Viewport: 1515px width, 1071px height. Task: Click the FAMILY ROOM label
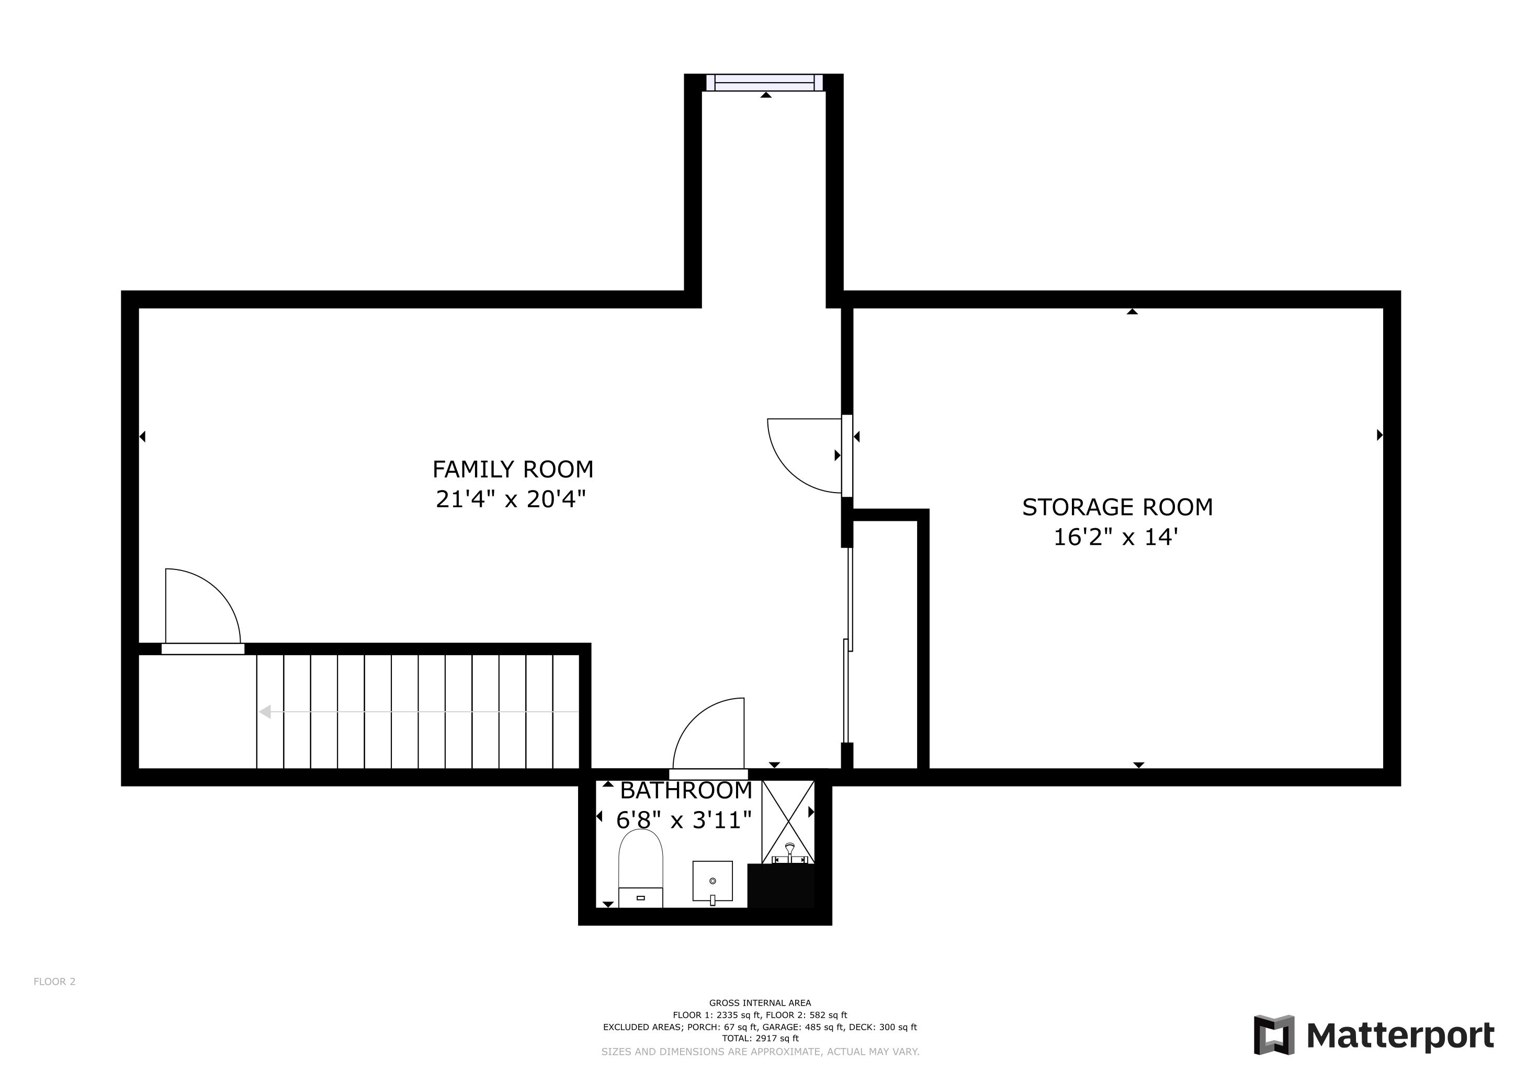[x=513, y=470]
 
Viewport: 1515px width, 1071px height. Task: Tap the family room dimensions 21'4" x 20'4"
[x=511, y=499]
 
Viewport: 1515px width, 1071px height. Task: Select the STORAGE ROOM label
[x=1117, y=507]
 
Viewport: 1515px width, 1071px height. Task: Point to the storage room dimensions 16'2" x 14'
[x=1115, y=537]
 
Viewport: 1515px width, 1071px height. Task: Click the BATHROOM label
[x=686, y=790]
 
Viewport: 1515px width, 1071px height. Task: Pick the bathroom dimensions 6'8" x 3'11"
[x=684, y=820]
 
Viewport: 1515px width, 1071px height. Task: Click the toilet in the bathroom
[x=640, y=869]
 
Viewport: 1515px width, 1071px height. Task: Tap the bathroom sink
[x=713, y=882]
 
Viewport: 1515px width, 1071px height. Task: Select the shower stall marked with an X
[x=788, y=822]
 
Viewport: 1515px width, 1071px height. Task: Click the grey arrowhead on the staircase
[x=265, y=712]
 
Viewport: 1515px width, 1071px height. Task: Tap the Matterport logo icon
[x=1273, y=1035]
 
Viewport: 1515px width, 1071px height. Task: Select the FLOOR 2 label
[x=55, y=981]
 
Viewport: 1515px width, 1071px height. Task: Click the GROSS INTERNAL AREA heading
[x=760, y=1003]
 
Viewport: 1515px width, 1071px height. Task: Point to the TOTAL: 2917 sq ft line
[x=760, y=1038]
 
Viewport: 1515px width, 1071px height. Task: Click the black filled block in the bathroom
[x=781, y=886]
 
